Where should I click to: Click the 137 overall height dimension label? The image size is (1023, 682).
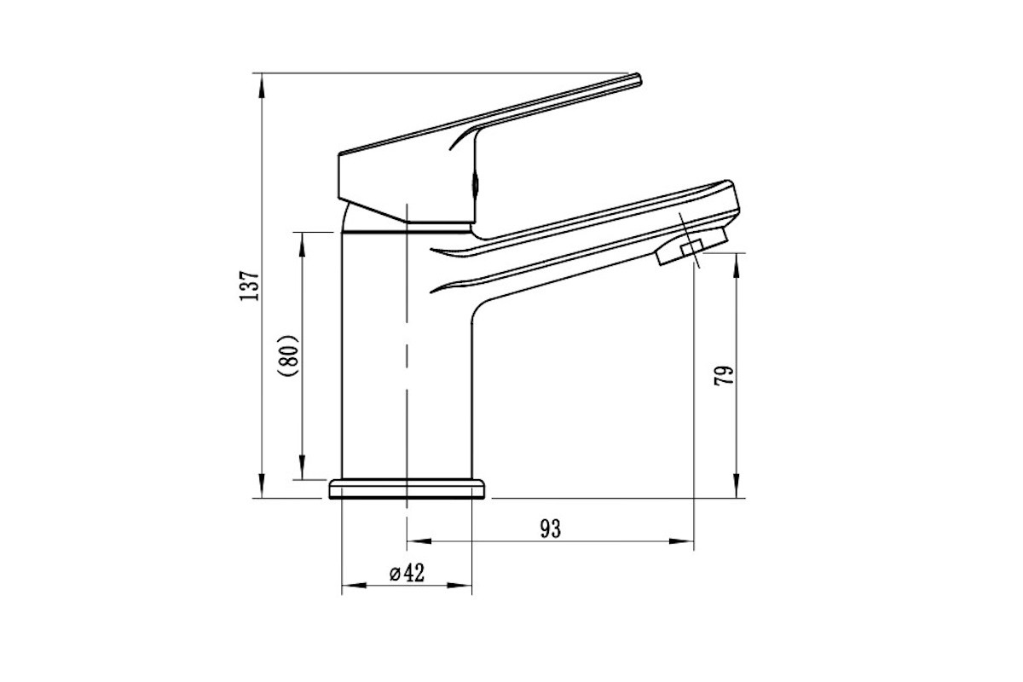point(249,286)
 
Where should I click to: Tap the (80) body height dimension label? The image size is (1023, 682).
point(289,355)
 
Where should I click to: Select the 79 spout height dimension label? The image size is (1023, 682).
point(725,375)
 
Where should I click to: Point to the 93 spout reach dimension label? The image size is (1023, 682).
point(551,529)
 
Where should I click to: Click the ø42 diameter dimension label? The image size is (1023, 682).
point(407,573)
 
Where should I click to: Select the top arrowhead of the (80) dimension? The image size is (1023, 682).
point(302,245)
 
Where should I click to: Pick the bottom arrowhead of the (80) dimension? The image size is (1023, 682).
point(302,467)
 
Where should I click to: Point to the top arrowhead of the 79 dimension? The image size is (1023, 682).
point(737,265)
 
